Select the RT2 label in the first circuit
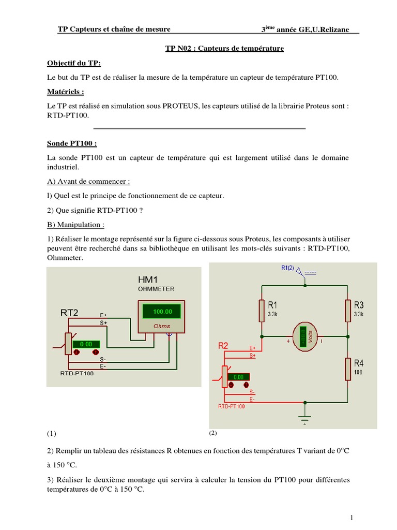[x=70, y=313]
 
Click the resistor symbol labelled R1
[x=263, y=311]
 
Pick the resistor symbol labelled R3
[x=347, y=311]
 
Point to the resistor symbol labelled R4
[x=347, y=369]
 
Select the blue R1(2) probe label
[x=288, y=268]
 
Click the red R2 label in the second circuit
[x=224, y=345]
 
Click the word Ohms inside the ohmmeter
[x=162, y=327]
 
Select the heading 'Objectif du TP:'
[x=74, y=63]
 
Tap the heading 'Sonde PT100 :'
[x=72, y=143]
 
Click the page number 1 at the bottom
[x=351, y=518]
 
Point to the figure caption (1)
[x=51, y=433]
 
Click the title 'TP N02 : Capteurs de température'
[x=224, y=49]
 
